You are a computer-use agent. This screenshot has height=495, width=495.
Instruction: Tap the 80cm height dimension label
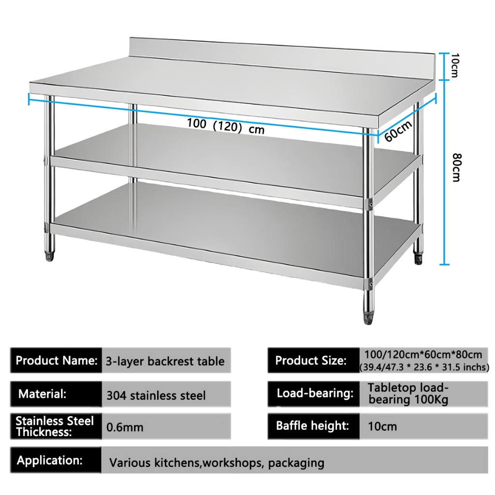(x=455, y=167)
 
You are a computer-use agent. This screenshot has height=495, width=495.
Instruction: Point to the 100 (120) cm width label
(x=226, y=126)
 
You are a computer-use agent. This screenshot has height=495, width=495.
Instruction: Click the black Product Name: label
(x=56, y=361)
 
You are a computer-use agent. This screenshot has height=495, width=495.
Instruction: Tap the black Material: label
(x=42, y=393)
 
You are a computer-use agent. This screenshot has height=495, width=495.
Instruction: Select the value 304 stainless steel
(x=156, y=395)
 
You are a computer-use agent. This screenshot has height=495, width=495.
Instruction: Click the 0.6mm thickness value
(x=125, y=427)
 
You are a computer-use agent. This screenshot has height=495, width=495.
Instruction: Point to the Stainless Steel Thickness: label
(x=55, y=426)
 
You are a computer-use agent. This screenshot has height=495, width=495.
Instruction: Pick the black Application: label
(x=50, y=460)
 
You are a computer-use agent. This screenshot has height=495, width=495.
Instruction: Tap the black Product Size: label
(x=311, y=361)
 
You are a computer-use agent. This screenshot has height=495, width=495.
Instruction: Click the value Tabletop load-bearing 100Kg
(x=408, y=393)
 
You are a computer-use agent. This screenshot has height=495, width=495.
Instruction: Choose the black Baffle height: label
(x=312, y=426)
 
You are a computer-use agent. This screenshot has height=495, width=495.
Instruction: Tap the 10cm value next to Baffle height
(x=382, y=426)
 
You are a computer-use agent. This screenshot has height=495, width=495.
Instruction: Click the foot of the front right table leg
(x=368, y=316)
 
